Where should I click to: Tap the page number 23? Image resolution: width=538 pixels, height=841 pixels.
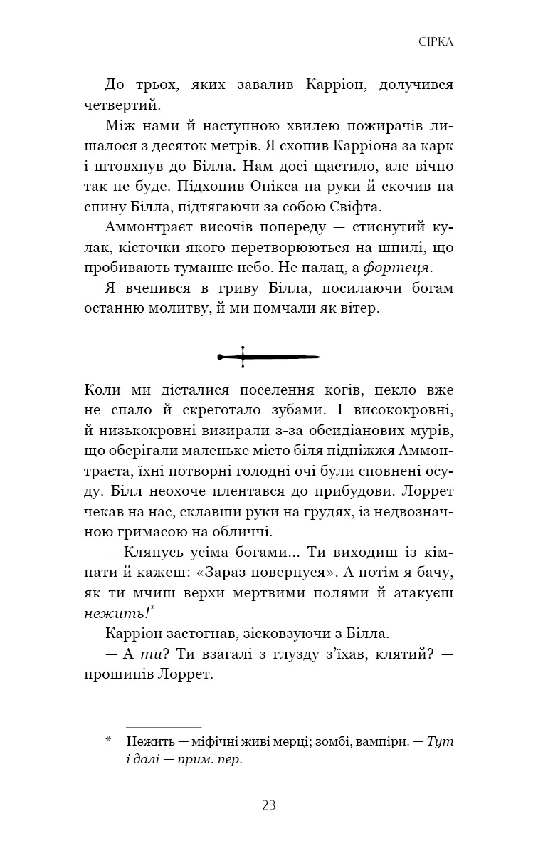(269, 805)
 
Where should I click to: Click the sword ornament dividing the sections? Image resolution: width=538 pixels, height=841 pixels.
(269, 356)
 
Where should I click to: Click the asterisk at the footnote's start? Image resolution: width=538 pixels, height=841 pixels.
(108, 741)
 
